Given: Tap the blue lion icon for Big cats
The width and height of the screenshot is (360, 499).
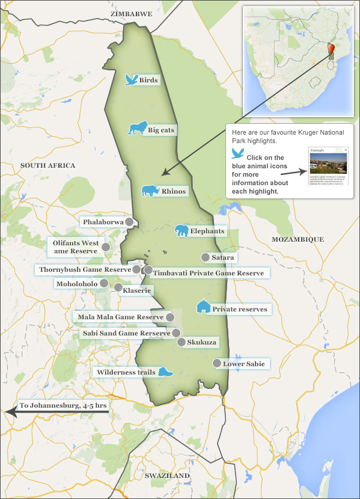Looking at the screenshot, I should click(x=137, y=129).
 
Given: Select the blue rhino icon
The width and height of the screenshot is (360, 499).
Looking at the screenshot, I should click(x=149, y=191).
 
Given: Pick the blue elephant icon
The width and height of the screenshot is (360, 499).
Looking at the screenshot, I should click(x=182, y=231).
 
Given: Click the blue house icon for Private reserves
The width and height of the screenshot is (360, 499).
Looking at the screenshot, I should click(x=203, y=307).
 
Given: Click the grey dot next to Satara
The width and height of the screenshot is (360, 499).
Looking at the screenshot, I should click(x=205, y=257).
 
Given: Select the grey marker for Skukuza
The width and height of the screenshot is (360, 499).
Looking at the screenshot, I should click(x=182, y=342).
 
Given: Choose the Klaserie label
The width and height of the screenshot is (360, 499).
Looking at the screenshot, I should click(x=137, y=290).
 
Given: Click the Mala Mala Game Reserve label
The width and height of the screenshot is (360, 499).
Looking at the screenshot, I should click(x=120, y=317).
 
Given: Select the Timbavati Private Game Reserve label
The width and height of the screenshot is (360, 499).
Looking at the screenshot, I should click(x=208, y=273).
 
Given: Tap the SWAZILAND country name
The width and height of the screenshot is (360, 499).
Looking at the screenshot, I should click(x=167, y=476).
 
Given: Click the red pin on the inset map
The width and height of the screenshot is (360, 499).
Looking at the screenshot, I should click(x=331, y=48).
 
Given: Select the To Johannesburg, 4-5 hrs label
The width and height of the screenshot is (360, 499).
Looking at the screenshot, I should click(x=63, y=405).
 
